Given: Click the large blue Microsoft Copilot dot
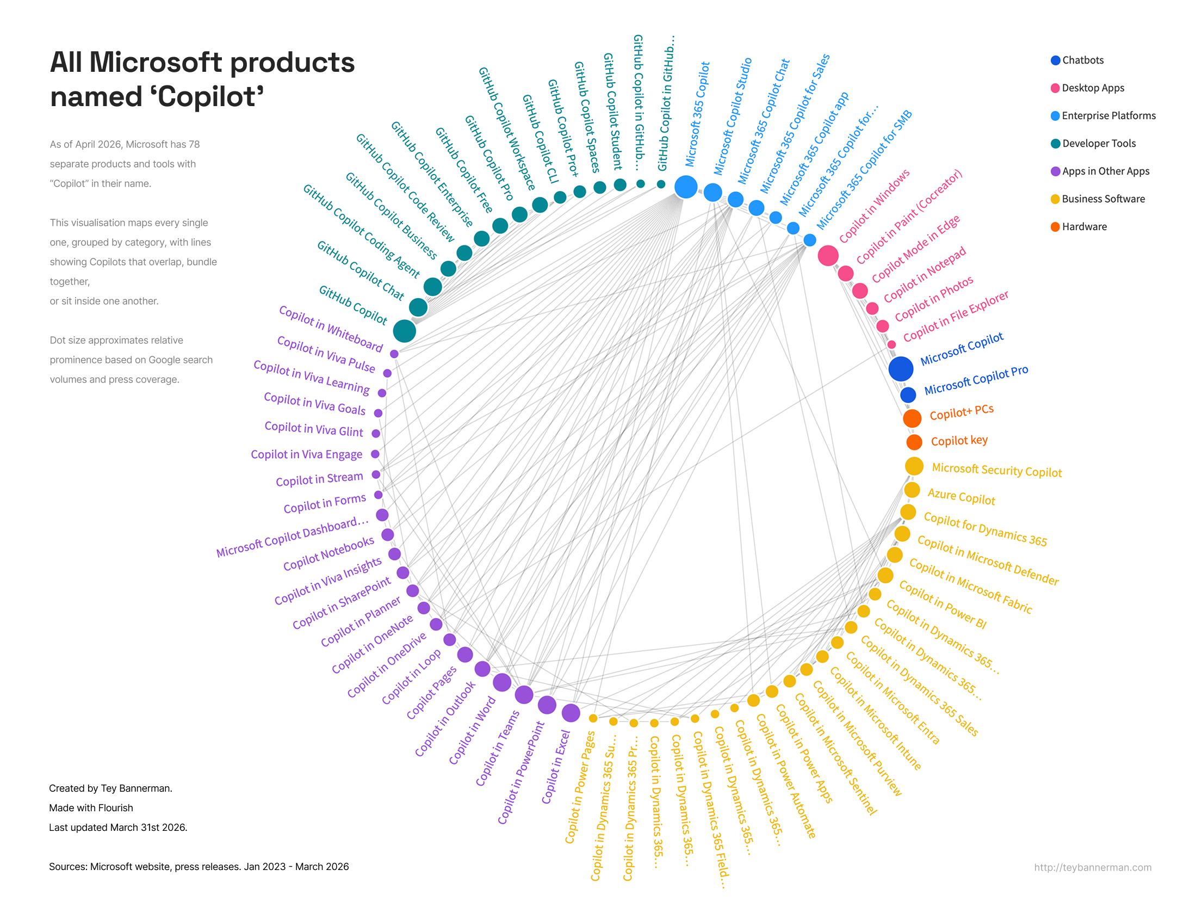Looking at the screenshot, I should click(900, 369).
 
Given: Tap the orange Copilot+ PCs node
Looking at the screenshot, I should click(912, 418).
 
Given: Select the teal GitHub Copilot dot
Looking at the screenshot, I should click(404, 331).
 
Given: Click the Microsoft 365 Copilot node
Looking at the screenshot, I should click(685, 187).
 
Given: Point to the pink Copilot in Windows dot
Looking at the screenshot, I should click(827, 255).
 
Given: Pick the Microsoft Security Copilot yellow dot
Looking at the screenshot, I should click(914, 466).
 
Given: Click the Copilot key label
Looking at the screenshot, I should click(959, 440).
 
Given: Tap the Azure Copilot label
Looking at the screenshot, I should click(961, 496).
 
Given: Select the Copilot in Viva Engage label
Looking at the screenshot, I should click(306, 454).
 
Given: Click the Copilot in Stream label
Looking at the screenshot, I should click(319, 479).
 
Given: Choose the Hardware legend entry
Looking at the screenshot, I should click(1083, 226).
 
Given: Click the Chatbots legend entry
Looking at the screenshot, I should click(1082, 60).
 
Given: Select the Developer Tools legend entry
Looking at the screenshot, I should click(1098, 143).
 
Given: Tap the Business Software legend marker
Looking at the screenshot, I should click(1055, 199).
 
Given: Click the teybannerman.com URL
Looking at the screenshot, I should click(1092, 867).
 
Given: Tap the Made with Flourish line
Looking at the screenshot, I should click(91, 808).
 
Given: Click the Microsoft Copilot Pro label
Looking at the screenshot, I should click(976, 380).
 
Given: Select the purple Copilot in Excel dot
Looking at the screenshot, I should click(571, 712).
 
